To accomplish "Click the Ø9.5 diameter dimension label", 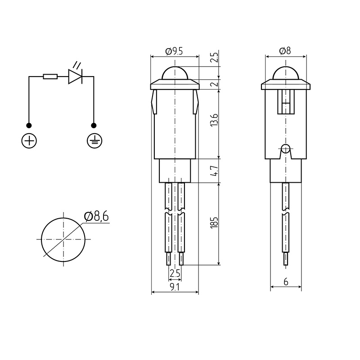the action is pos(174,51).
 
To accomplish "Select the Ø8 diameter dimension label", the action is pos(285,51).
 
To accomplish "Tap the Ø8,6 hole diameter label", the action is pos(96,216).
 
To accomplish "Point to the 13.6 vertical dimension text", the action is pos(214,120).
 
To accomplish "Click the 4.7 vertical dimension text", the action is pos(214,171).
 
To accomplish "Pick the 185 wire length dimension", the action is pos(214,222).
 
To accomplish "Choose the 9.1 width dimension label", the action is pos(175,287).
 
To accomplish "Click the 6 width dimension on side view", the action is pos(286,282).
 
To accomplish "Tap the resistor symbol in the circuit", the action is pos(50,76).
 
